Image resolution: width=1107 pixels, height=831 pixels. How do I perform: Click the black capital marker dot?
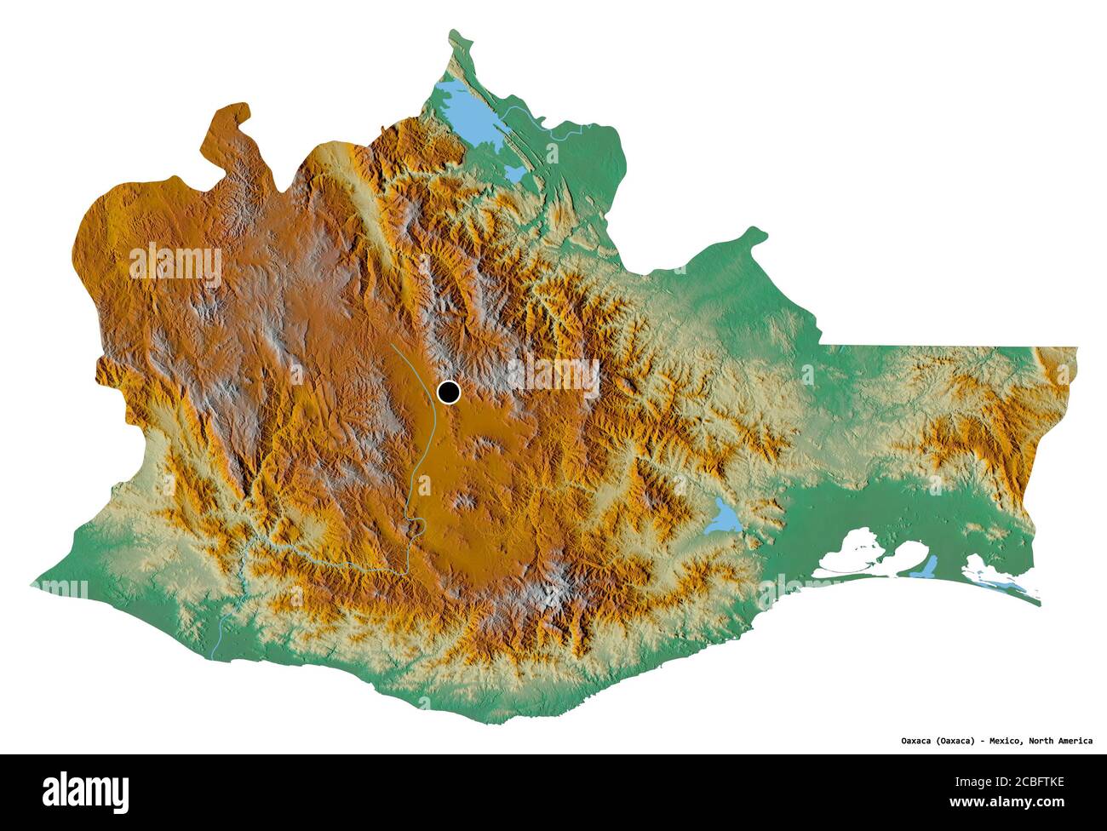click(448, 392)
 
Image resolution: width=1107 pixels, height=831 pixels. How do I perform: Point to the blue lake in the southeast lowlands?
click(725, 516)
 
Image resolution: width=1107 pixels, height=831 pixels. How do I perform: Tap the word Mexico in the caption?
click(1002, 741)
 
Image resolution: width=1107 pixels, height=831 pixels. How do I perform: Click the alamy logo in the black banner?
click(86, 791)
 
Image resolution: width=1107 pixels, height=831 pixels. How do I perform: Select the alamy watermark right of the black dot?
click(553, 374)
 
